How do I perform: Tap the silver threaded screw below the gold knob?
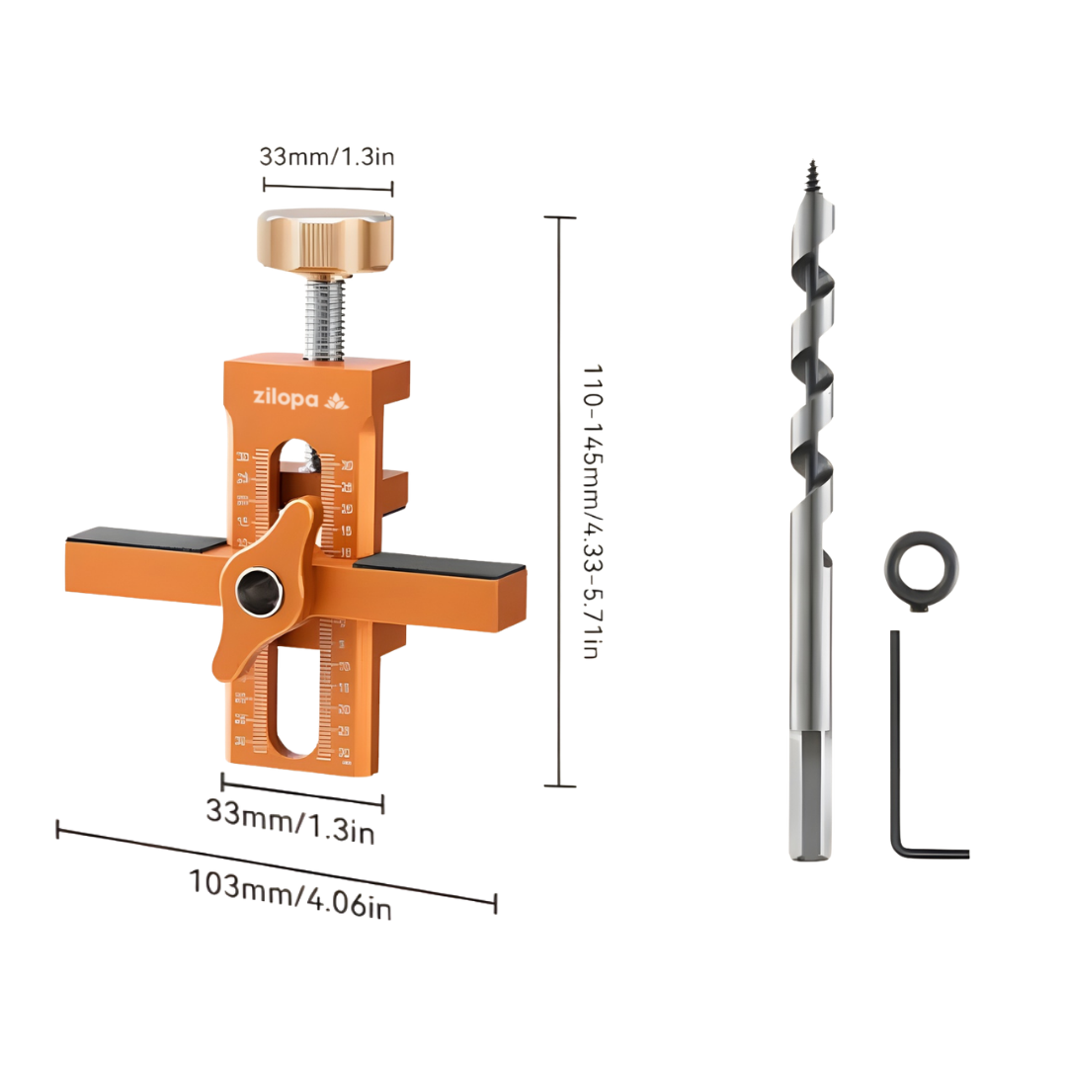[x=327, y=316]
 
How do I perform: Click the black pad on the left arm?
[x=146, y=542]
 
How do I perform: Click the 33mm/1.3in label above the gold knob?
[x=328, y=156]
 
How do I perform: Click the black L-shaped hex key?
[x=898, y=751]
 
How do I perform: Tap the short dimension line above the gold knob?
[x=328, y=186]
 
